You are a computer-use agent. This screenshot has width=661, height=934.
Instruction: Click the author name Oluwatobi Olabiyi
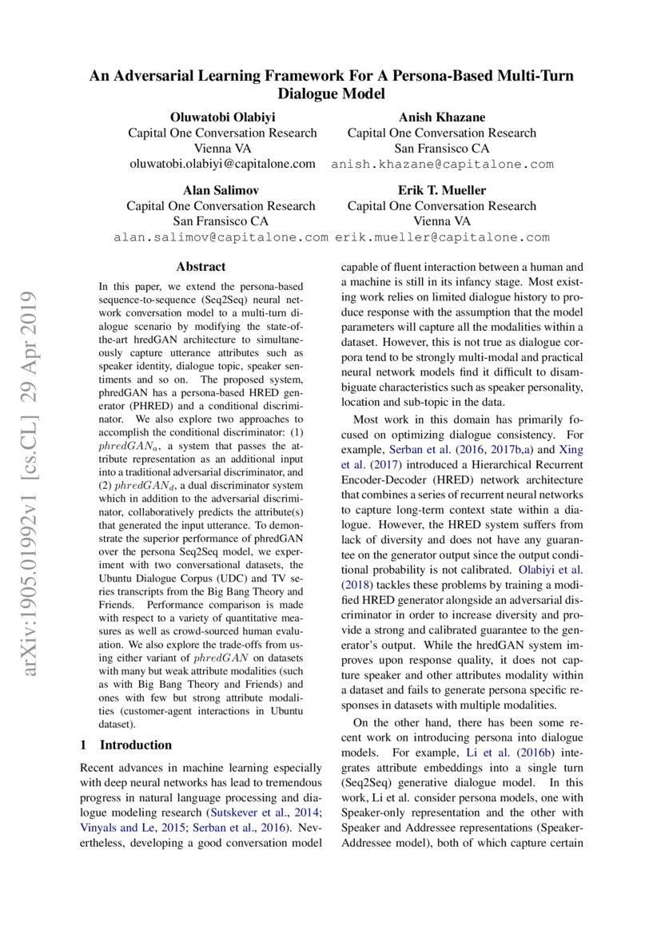pos(222,117)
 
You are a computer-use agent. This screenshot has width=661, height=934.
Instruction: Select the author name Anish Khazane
pos(441,117)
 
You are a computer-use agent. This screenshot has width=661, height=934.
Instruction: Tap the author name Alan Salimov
pos(221,190)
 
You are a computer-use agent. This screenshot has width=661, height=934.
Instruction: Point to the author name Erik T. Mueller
pos(441,190)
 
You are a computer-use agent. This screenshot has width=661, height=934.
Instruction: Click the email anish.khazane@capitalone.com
pos(442,164)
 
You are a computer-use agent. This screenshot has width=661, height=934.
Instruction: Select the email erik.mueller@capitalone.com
pos(442,237)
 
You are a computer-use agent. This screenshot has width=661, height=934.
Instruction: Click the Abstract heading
pos(201,267)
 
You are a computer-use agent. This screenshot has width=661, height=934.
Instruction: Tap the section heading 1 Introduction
pos(126,745)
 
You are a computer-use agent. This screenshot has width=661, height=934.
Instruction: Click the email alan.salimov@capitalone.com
pos(221,237)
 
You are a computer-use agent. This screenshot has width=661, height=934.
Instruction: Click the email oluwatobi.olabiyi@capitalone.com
pos(222,164)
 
